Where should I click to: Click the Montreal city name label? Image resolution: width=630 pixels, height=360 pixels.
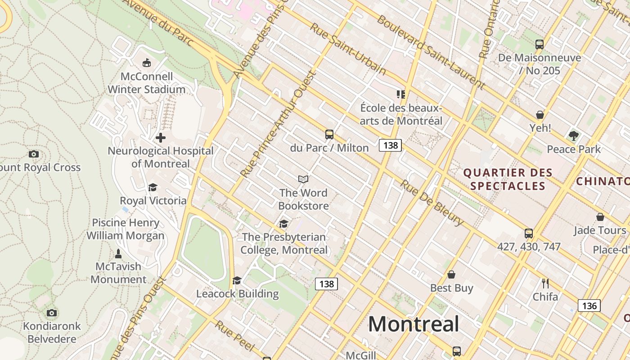pos(414,324)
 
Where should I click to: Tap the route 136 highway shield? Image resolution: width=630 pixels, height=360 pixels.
pos(589,306)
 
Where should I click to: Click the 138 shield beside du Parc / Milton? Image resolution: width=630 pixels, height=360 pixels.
pos(390,145)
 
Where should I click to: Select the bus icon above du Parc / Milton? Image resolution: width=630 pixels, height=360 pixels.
pos(329,134)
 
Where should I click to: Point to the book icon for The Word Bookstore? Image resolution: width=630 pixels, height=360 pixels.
pos(304,180)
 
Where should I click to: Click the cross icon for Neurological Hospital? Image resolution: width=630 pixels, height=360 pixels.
pos(160,138)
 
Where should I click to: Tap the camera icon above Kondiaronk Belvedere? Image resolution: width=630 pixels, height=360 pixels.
pos(52,313)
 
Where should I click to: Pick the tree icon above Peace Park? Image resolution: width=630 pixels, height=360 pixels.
pos(573,135)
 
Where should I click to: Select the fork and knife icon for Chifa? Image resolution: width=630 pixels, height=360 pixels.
pos(545,283)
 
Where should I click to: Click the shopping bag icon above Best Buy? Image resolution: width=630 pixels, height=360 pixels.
pos(451,274)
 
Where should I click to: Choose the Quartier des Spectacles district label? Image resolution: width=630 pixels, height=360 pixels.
pos(508,179)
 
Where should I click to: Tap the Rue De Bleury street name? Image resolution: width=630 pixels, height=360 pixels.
pos(432,203)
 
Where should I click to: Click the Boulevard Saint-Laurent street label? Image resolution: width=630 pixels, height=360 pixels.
pos(431,52)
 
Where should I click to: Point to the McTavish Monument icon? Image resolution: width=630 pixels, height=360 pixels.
pos(118,253)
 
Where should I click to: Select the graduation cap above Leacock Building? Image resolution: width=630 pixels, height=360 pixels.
pos(237,281)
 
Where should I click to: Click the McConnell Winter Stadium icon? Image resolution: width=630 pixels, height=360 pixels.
pos(146,63)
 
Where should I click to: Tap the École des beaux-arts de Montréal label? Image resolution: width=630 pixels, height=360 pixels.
pos(401,114)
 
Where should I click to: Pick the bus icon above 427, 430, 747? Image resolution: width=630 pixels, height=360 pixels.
pos(529,234)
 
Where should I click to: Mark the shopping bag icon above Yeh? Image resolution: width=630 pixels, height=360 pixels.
pos(540,115)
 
